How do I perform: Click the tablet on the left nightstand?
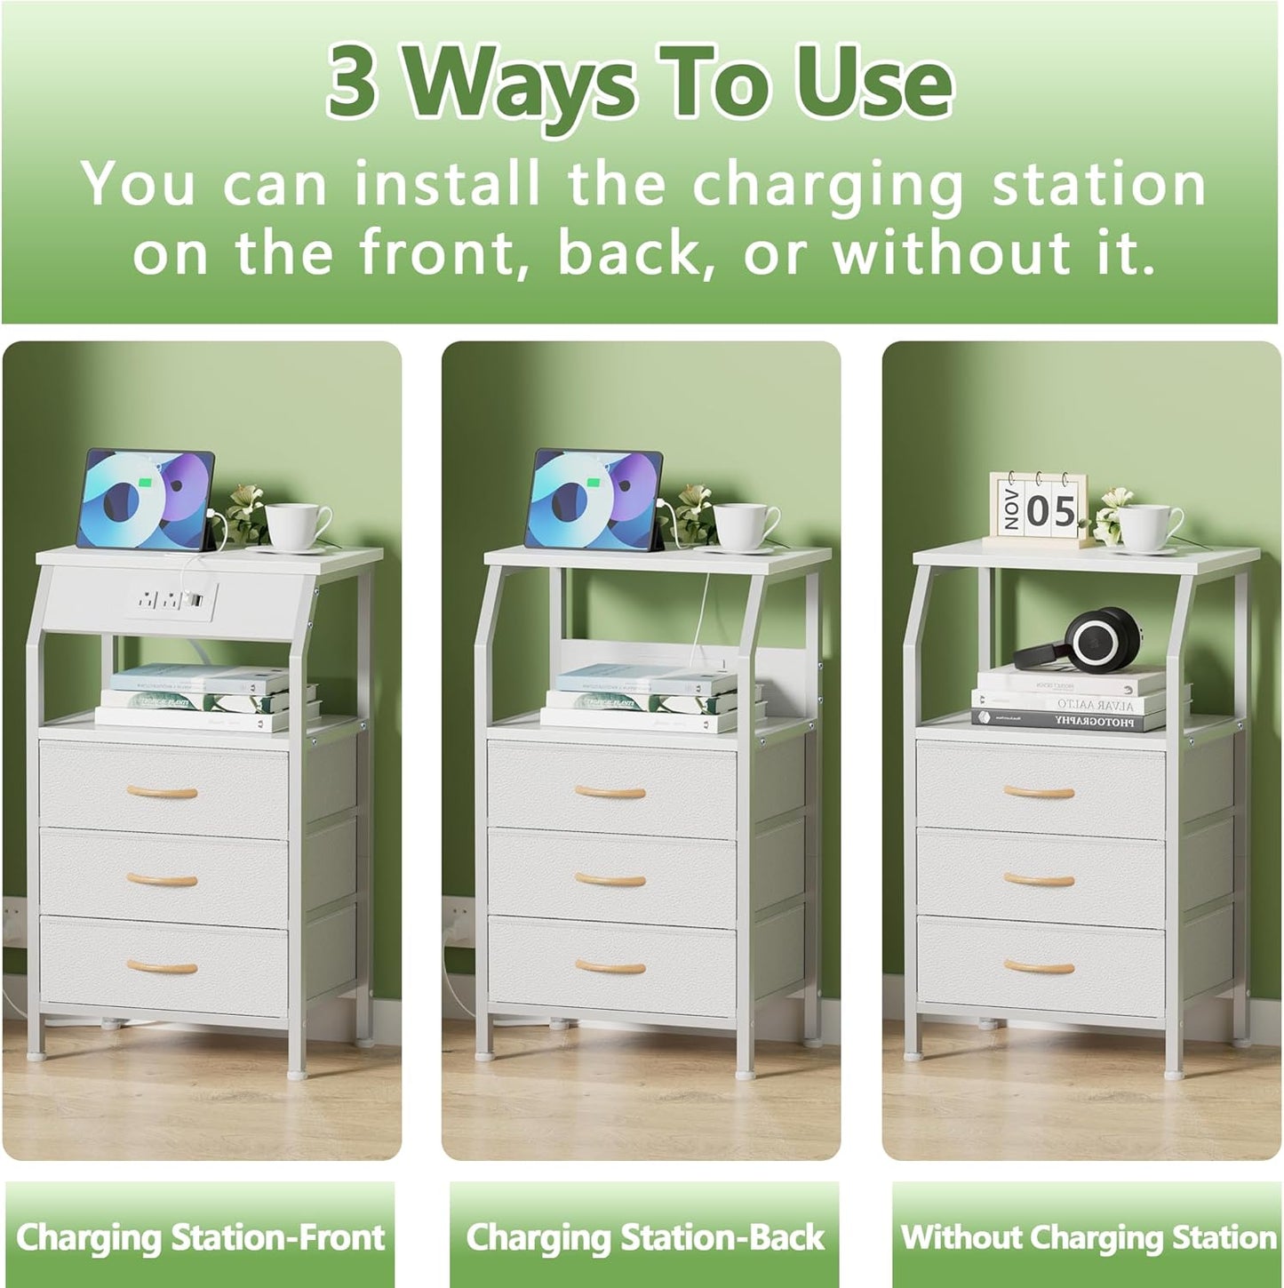[x=146, y=500]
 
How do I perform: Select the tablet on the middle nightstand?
[x=594, y=500]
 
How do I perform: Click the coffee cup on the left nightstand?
[x=296, y=526]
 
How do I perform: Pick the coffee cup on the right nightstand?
[x=1148, y=526]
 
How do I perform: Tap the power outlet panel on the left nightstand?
[x=169, y=602]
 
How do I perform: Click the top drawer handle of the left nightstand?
[x=161, y=791]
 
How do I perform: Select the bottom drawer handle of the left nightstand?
[x=161, y=966]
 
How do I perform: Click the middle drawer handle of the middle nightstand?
[x=610, y=879]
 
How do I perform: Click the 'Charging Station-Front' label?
[x=200, y=1237]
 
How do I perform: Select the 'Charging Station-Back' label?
[x=645, y=1237]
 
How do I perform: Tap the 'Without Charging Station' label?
[x=1088, y=1237]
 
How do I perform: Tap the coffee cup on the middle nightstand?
[x=744, y=526]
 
